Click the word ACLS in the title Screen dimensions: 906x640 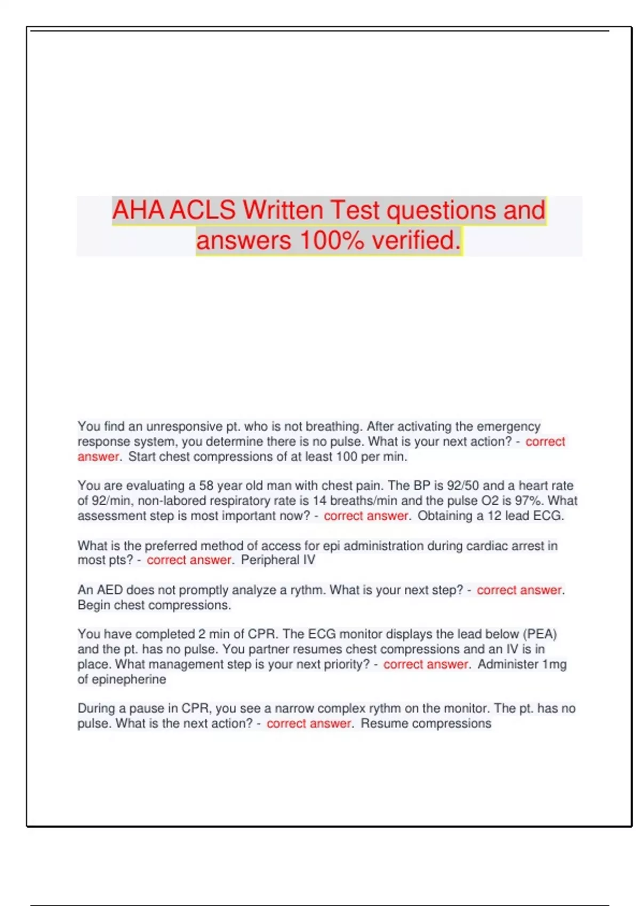click(203, 211)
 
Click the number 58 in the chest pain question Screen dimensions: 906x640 click(206, 486)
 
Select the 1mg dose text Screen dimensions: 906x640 click(554, 664)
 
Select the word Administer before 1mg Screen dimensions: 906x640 click(508, 664)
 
